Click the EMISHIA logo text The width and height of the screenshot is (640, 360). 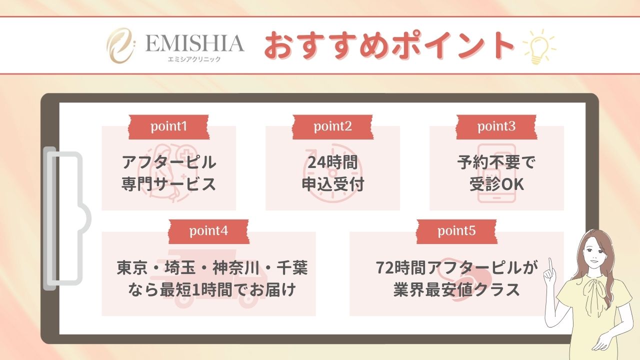(194, 43)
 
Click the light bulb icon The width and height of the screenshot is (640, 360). (539, 46)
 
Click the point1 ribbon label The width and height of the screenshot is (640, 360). (168, 127)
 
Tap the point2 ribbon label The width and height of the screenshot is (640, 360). (333, 127)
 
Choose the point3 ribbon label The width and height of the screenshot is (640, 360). (496, 127)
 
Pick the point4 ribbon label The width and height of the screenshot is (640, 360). (208, 231)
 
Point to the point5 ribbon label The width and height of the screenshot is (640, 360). (456, 231)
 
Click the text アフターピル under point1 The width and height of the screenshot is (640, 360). (169, 162)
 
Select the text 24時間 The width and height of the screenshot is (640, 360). (332, 162)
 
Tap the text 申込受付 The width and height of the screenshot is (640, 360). (333, 184)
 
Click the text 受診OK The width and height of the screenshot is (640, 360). (496, 184)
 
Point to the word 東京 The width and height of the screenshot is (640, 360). (132, 268)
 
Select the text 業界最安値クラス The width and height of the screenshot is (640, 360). (456, 289)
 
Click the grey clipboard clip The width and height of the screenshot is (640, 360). (64, 219)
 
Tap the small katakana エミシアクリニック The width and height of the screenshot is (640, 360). (194, 59)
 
